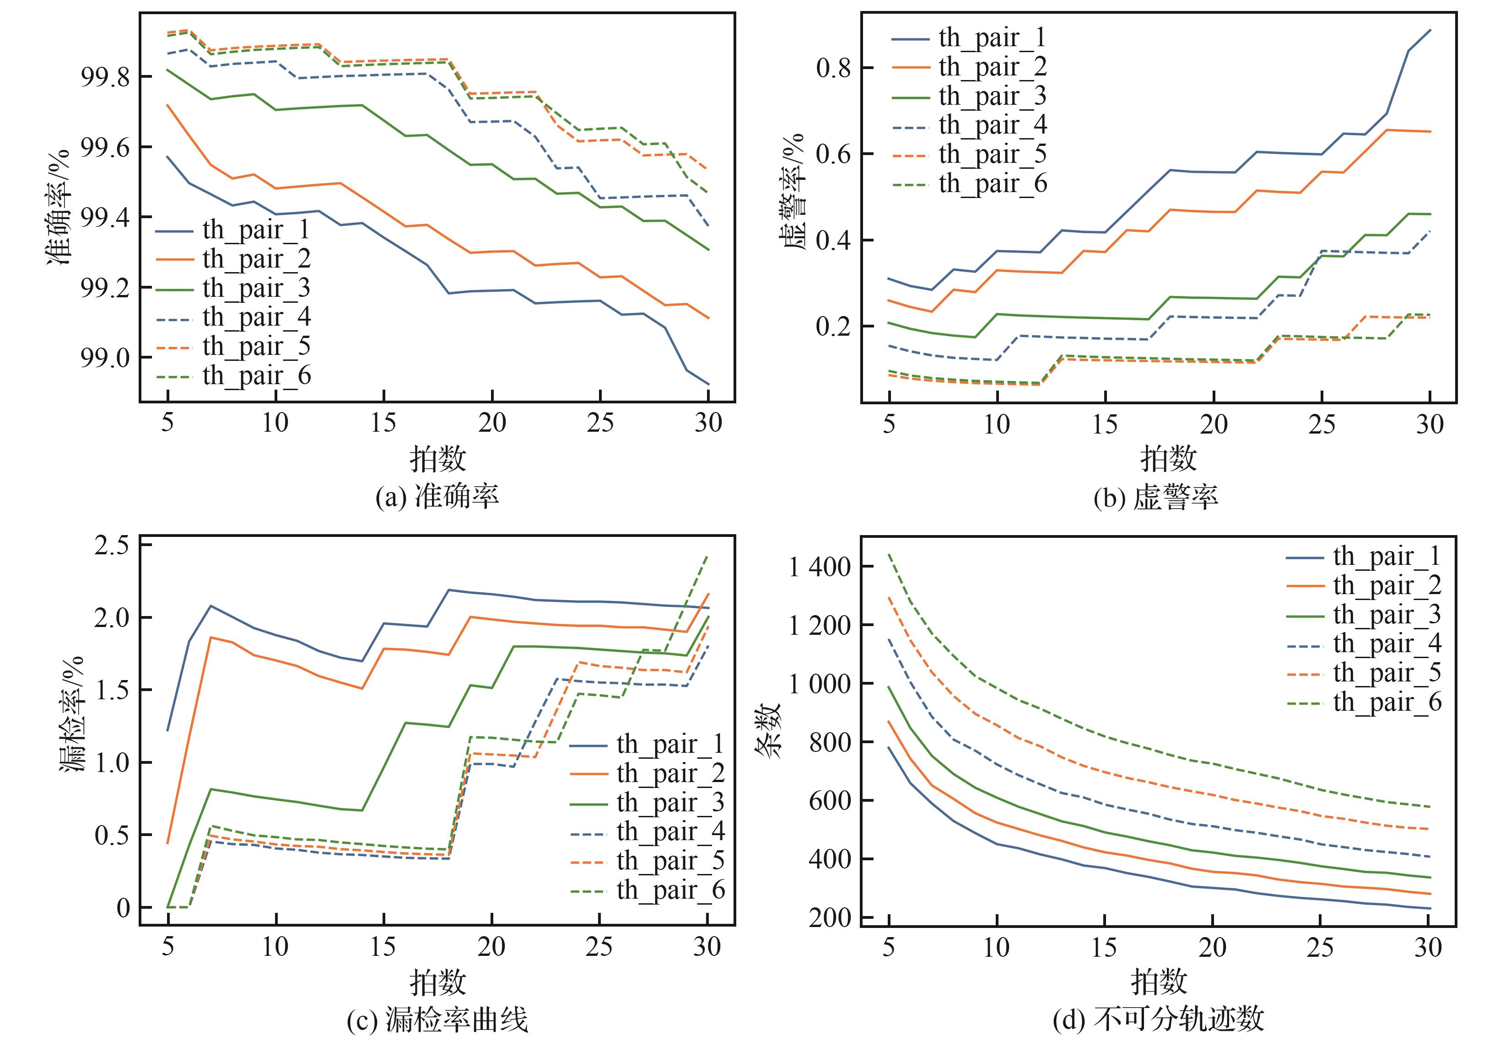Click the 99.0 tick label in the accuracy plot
(105, 358)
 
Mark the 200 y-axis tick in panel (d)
(829, 917)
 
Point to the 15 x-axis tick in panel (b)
(1105, 425)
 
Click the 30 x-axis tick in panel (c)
(707, 947)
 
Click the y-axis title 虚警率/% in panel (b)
(793, 192)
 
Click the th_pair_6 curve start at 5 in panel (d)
(889, 555)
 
